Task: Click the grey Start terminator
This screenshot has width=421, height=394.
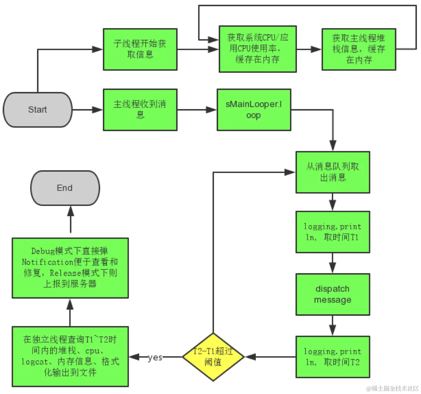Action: (x=38, y=110)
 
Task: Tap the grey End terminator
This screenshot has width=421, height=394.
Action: (x=65, y=188)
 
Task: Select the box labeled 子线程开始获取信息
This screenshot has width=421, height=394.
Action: (x=140, y=49)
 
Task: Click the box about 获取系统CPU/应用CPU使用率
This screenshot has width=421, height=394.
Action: (x=257, y=49)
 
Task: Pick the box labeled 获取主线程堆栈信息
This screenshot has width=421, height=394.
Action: (x=358, y=49)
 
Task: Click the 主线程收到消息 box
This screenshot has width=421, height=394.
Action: (x=140, y=110)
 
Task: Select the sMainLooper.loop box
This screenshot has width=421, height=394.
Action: (x=253, y=110)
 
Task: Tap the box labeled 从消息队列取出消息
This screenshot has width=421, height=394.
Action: (x=332, y=172)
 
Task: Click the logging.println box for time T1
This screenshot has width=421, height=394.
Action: (x=332, y=232)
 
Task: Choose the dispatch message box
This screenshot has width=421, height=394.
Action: (x=332, y=294)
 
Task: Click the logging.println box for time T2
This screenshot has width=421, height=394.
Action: (x=332, y=357)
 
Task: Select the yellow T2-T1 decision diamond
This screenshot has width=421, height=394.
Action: (x=213, y=357)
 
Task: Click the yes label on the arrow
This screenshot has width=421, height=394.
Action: (x=155, y=357)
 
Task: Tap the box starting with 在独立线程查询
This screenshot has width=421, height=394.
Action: (x=70, y=356)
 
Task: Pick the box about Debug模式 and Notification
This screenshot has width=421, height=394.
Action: (x=70, y=268)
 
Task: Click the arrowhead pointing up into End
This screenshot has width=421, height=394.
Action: (x=70, y=211)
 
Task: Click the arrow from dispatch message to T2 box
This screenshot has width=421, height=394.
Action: (x=332, y=325)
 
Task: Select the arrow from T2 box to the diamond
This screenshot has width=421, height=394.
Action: (x=270, y=357)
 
